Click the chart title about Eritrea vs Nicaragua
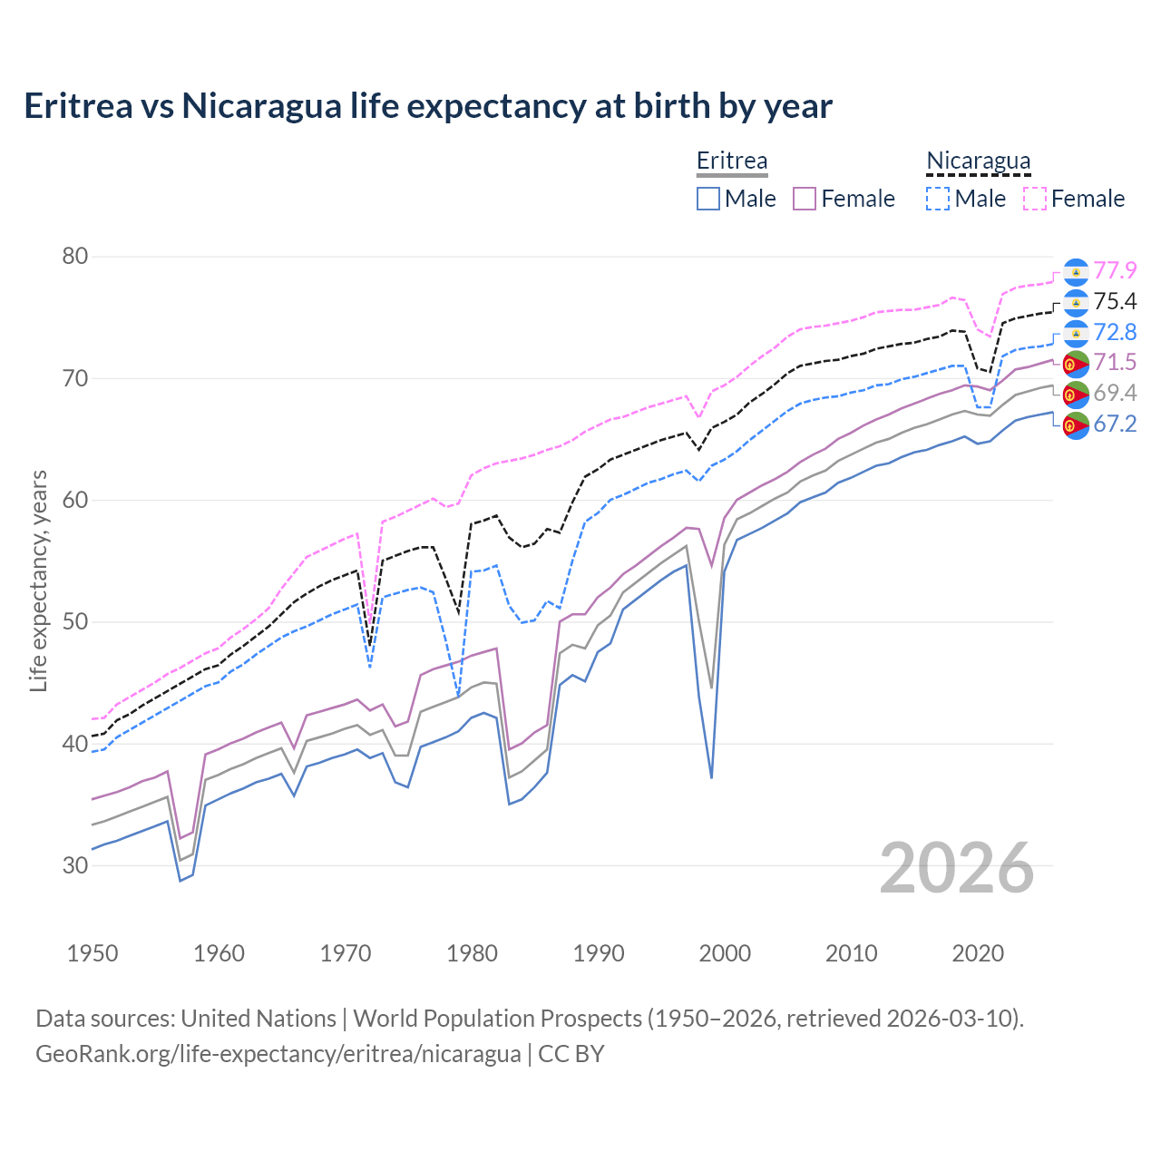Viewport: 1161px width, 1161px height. (427, 106)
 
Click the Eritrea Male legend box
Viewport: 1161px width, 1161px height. (708, 199)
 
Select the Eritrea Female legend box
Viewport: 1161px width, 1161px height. (805, 199)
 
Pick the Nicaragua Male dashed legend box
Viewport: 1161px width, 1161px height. (938, 199)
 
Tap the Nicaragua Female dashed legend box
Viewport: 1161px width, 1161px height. (1035, 199)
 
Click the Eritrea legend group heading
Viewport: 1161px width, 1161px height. (732, 161)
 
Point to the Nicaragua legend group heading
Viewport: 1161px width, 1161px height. (978, 161)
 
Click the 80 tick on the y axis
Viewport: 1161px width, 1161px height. (75, 257)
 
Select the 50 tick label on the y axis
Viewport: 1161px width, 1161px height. (75, 622)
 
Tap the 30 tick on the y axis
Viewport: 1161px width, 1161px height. (75, 865)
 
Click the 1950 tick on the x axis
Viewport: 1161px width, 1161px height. (93, 953)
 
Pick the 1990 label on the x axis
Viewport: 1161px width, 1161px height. (599, 953)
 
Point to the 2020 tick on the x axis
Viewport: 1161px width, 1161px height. (978, 953)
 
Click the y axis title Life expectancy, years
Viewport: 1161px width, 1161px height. (38, 580)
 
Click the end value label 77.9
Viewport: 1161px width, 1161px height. (1115, 271)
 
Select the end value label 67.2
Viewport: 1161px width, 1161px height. (1115, 424)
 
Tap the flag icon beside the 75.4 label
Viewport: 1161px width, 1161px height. (1076, 302)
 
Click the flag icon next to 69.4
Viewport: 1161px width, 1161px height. (1076, 394)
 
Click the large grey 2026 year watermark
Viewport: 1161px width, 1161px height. (956, 868)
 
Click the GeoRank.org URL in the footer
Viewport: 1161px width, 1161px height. (278, 1054)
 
